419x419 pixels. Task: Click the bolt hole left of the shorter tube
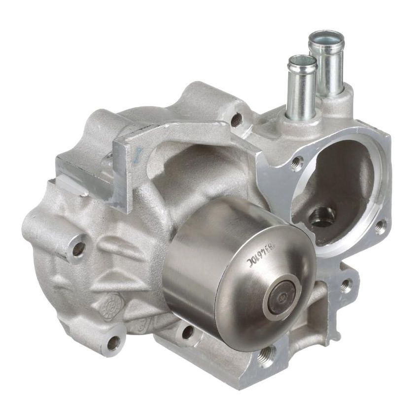tap(237, 118)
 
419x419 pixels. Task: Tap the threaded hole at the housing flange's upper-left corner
tap(296, 163)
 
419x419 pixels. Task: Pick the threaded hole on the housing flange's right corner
tap(380, 227)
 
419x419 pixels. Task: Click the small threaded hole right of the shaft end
tap(345, 284)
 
